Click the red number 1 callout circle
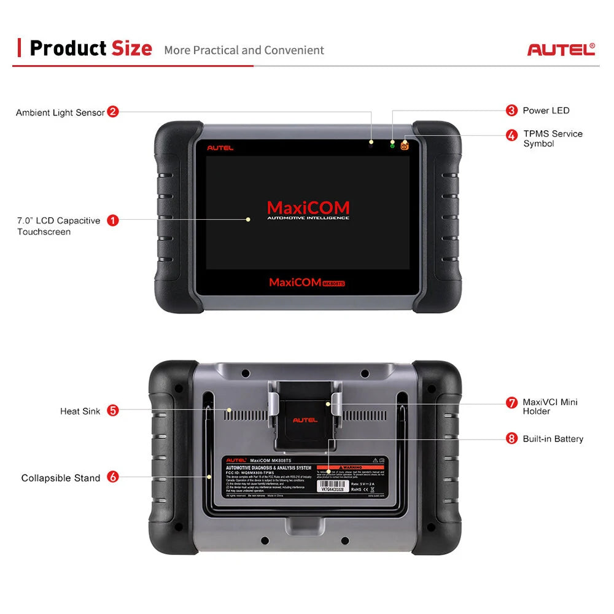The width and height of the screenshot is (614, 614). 113,220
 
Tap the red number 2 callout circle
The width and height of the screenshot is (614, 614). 113,112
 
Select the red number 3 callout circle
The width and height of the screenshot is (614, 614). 511,111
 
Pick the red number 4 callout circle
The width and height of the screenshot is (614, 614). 511,135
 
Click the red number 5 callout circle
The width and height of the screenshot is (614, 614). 113,411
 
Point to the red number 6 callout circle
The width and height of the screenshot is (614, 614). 113,476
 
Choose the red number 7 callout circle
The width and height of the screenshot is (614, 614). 511,403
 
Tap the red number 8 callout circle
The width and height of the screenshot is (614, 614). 511,438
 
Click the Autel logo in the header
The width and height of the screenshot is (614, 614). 561,49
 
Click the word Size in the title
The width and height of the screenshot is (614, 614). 131,48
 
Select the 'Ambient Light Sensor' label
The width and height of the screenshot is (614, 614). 60,112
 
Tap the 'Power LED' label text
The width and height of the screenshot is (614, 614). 546,111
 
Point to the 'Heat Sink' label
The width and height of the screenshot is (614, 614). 80,411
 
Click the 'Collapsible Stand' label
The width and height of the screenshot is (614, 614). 61,478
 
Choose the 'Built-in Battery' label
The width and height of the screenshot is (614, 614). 553,439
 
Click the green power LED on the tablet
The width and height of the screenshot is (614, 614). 392,145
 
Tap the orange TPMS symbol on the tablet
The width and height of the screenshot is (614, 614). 405,146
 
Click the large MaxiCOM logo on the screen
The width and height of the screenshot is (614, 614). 308,208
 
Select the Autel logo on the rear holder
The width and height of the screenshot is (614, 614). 305,420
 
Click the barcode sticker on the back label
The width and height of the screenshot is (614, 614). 332,484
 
